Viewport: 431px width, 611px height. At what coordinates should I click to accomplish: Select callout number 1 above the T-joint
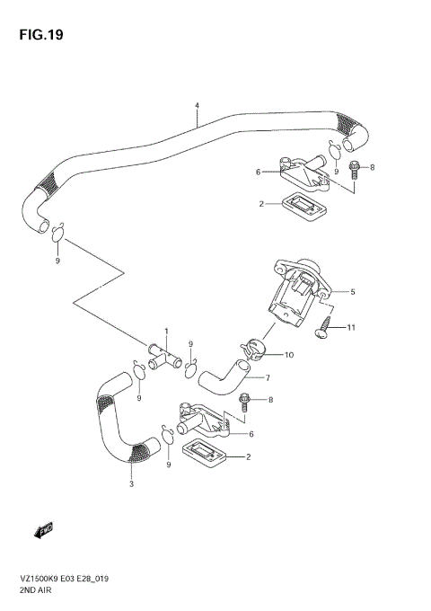click(x=165, y=332)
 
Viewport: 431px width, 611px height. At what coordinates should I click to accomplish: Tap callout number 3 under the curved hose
click(x=131, y=485)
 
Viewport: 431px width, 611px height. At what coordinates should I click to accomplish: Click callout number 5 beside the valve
click(x=353, y=291)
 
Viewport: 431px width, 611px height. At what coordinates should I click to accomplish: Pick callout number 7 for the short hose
click(x=267, y=377)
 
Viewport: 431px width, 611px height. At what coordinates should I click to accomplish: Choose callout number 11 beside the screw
click(x=352, y=328)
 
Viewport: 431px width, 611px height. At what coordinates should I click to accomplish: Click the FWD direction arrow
click(x=43, y=533)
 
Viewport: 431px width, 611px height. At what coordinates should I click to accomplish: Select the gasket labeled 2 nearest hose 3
click(x=204, y=455)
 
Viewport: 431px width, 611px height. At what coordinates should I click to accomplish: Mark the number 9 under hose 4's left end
click(x=57, y=261)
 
